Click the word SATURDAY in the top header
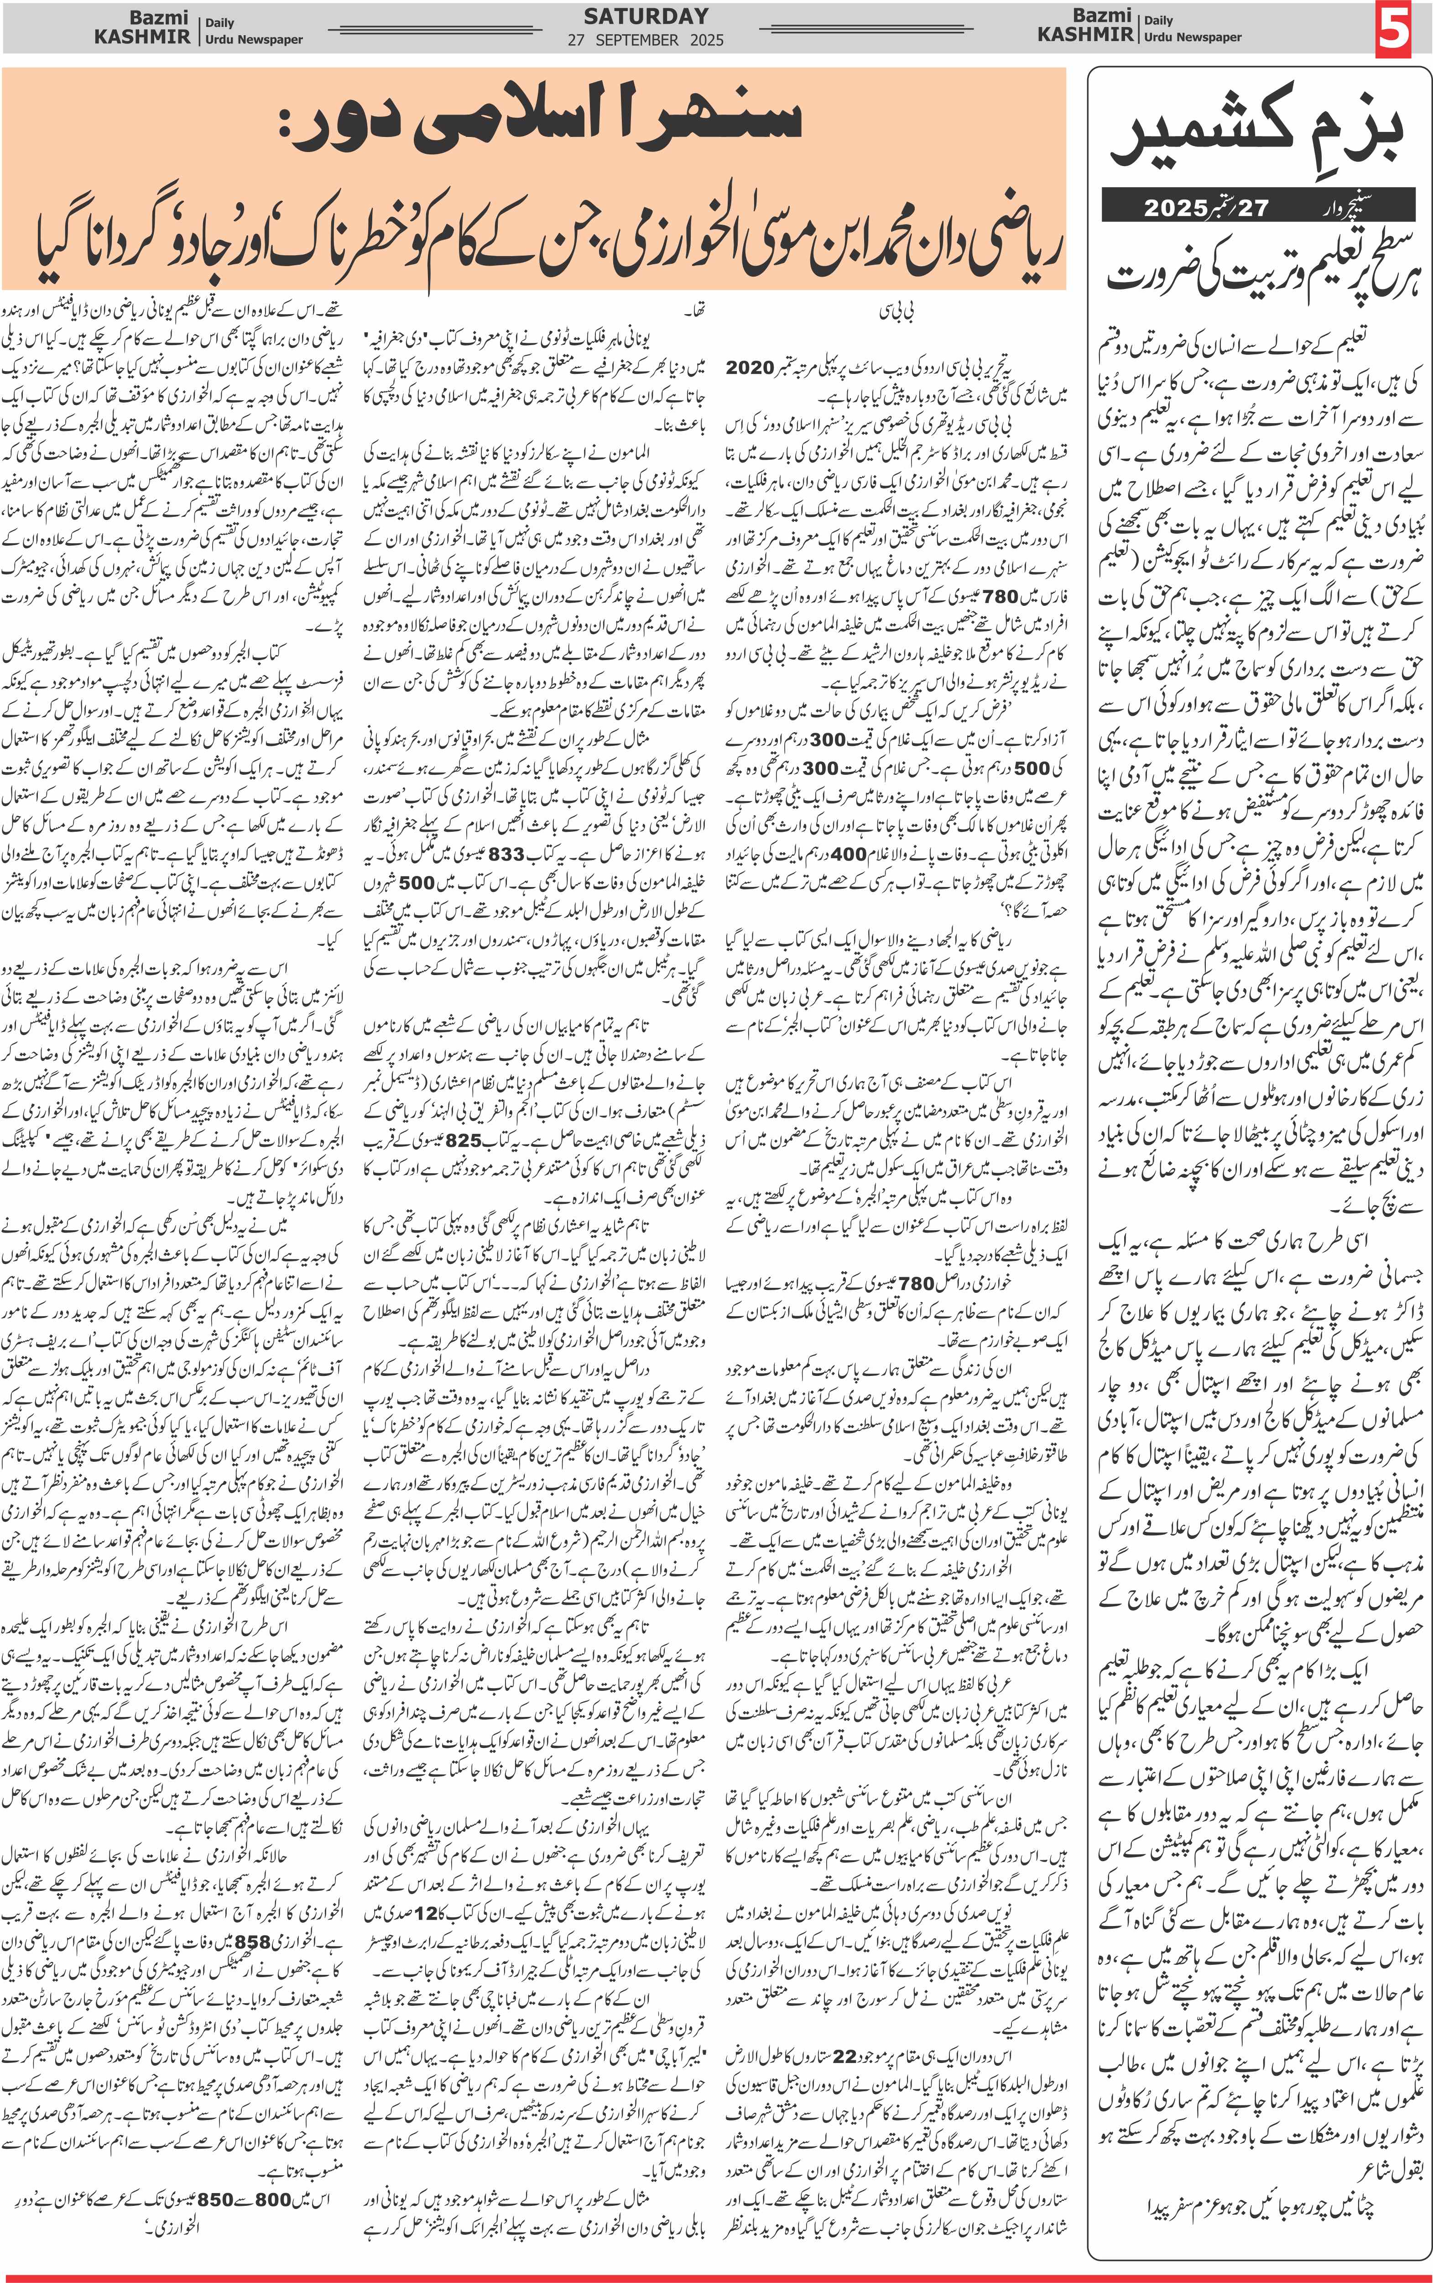[x=646, y=16]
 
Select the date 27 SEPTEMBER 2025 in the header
[x=646, y=40]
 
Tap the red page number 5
[x=1394, y=28]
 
